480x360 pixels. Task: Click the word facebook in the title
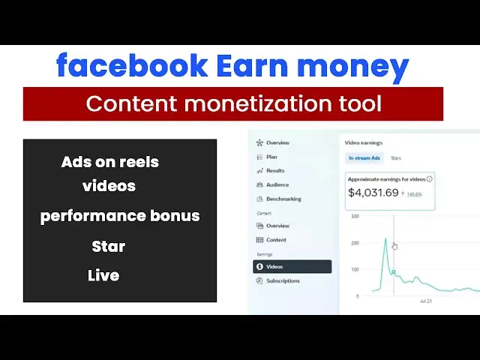point(132,67)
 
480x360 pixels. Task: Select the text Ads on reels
point(110,162)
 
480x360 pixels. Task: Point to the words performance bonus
point(120,216)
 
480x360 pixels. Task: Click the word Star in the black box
point(109,246)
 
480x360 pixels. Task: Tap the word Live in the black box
point(103,275)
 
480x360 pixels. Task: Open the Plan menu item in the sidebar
point(271,157)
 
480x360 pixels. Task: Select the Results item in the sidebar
point(275,171)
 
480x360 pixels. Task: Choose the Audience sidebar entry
point(277,184)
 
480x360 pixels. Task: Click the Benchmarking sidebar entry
point(283,199)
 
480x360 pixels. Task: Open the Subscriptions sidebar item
point(282,280)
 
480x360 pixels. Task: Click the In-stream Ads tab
point(364,158)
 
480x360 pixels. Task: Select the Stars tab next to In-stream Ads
point(395,158)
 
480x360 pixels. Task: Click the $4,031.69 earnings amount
point(373,193)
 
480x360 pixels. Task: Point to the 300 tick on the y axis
point(354,216)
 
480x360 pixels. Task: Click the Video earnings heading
point(363,141)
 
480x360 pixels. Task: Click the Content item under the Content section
point(276,240)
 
